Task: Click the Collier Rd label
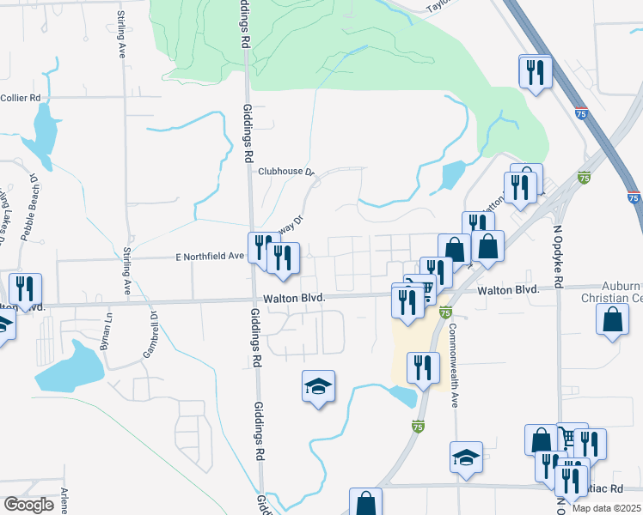(22, 98)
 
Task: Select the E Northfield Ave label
(210, 257)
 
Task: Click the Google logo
(28, 505)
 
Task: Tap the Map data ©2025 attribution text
(606, 508)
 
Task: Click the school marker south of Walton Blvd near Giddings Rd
(318, 388)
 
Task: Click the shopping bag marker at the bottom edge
(365, 503)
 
